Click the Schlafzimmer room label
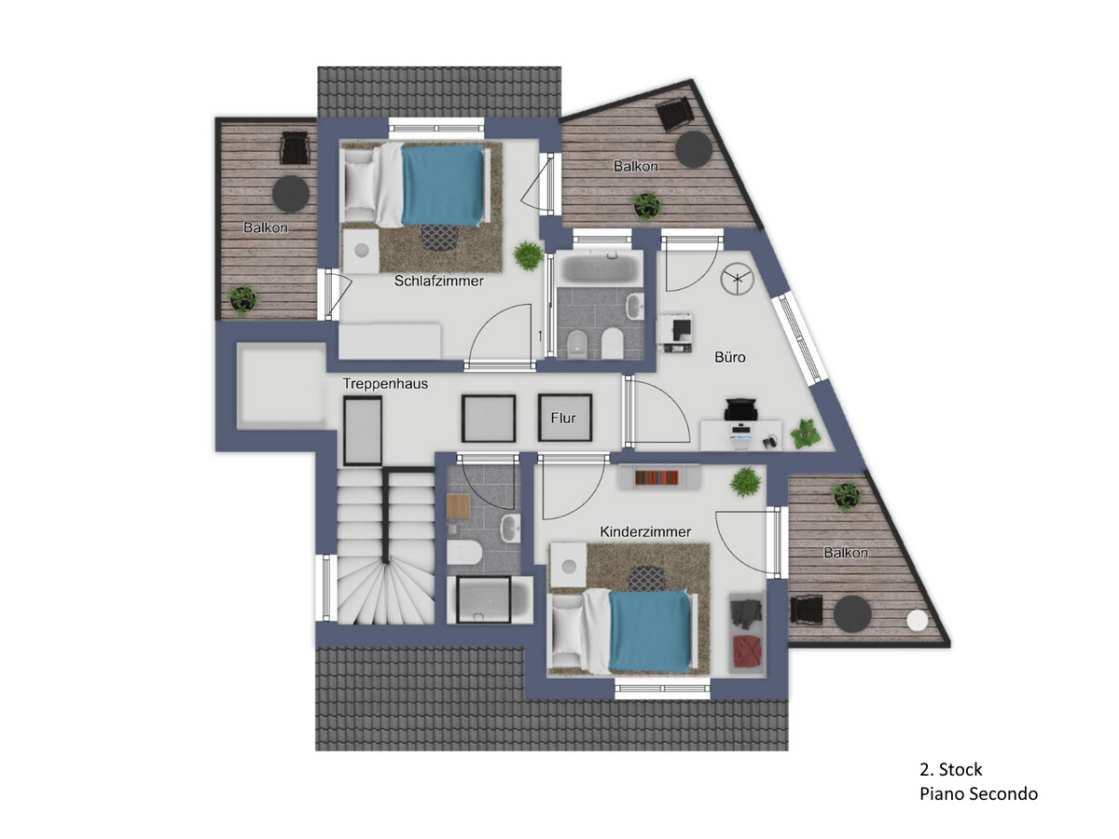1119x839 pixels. coord(438,281)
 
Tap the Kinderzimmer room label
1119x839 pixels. coord(645,531)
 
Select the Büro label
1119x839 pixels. coord(729,357)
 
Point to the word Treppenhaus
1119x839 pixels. coord(385,383)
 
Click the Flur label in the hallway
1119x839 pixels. coord(563,419)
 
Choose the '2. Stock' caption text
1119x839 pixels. coord(950,769)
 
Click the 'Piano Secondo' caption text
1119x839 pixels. coord(978,794)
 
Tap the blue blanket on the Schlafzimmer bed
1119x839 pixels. coord(442,186)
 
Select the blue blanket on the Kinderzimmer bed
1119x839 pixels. coord(650,632)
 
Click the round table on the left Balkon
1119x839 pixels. coord(291,194)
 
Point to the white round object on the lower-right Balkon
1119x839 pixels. coord(918,620)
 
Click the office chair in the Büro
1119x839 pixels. coord(740,410)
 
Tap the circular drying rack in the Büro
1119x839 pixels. coord(737,279)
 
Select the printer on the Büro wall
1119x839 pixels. coord(675,333)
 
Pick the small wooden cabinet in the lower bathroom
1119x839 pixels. coord(458,506)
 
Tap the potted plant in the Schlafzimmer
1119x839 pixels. coord(528,254)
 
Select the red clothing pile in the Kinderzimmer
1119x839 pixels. coord(747,652)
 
